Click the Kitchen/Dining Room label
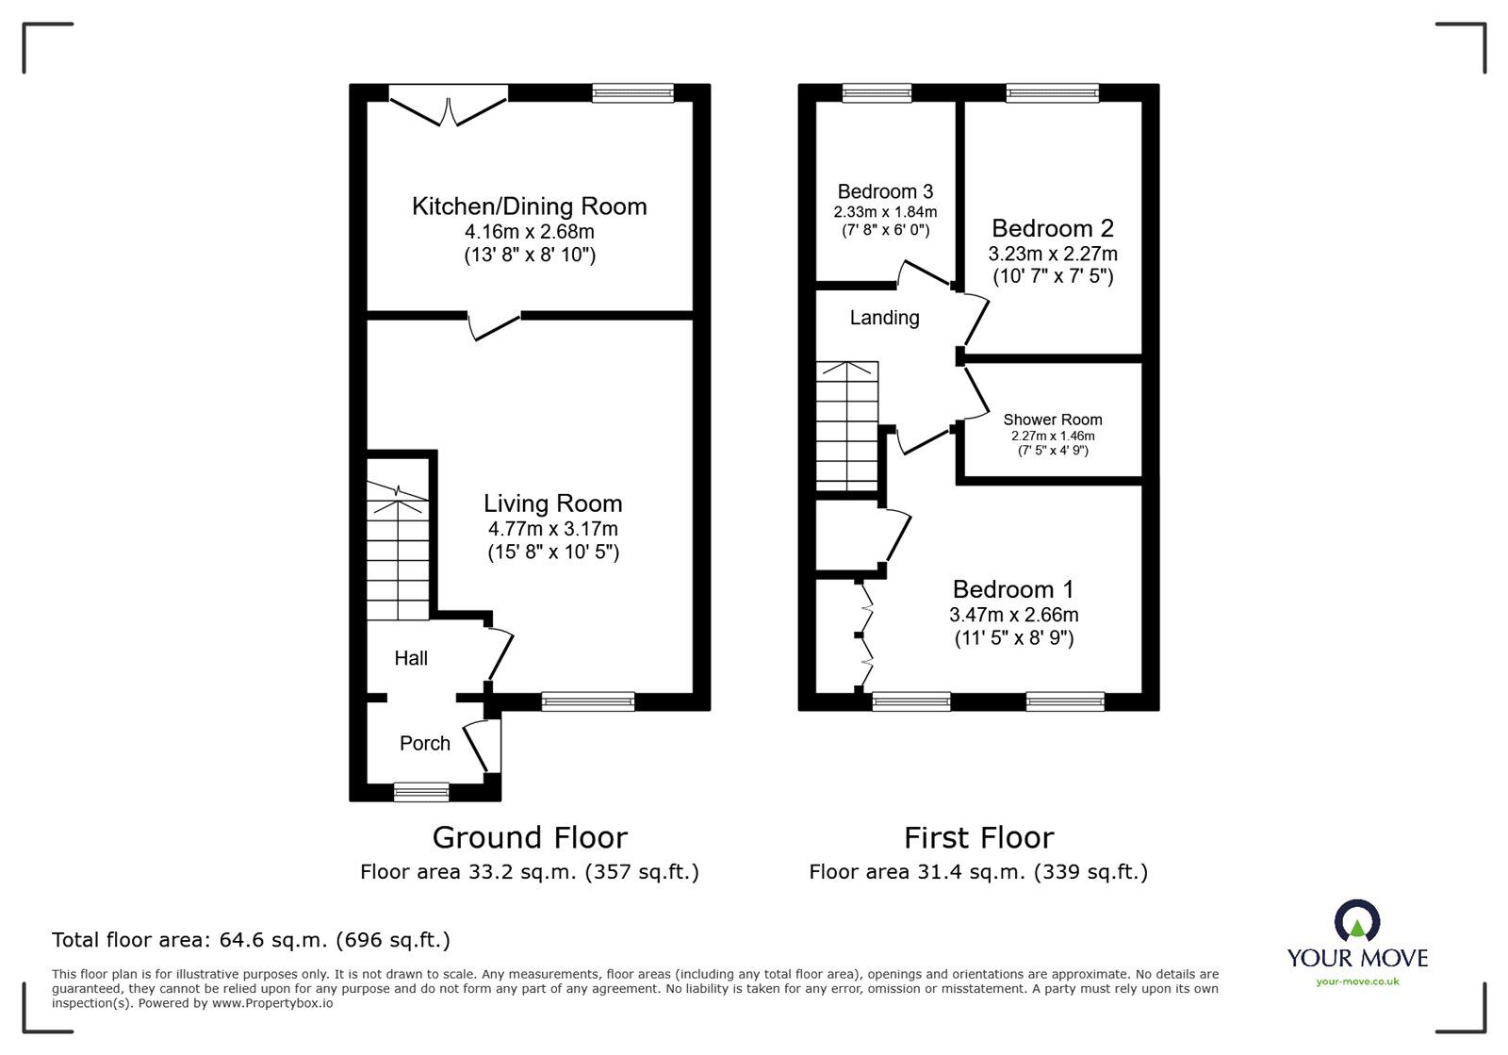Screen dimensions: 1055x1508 click(x=529, y=206)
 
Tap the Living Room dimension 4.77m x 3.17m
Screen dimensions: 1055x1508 click(x=552, y=529)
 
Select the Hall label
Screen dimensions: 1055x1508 click(x=411, y=658)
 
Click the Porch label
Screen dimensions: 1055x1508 click(x=425, y=743)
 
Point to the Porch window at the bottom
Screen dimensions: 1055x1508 click(x=421, y=792)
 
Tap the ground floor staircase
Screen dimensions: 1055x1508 click(x=398, y=552)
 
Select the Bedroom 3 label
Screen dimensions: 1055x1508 click(x=885, y=191)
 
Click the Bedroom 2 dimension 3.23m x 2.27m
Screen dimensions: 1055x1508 click(x=1053, y=254)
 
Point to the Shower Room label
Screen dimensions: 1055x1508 click(x=1052, y=420)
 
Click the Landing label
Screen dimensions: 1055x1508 click(x=884, y=318)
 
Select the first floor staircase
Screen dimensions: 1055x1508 click(x=847, y=426)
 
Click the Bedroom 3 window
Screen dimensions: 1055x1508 click(x=877, y=92)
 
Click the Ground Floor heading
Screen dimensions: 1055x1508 click(x=530, y=837)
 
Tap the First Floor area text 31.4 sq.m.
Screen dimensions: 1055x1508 click(x=978, y=872)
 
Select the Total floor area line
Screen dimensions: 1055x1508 click(x=251, y=940)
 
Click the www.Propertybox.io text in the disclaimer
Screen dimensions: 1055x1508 click(x=271, y=1003)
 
